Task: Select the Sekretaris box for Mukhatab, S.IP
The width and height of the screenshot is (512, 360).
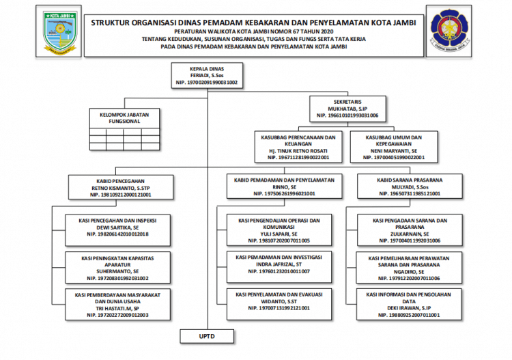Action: tap(347, 109)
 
